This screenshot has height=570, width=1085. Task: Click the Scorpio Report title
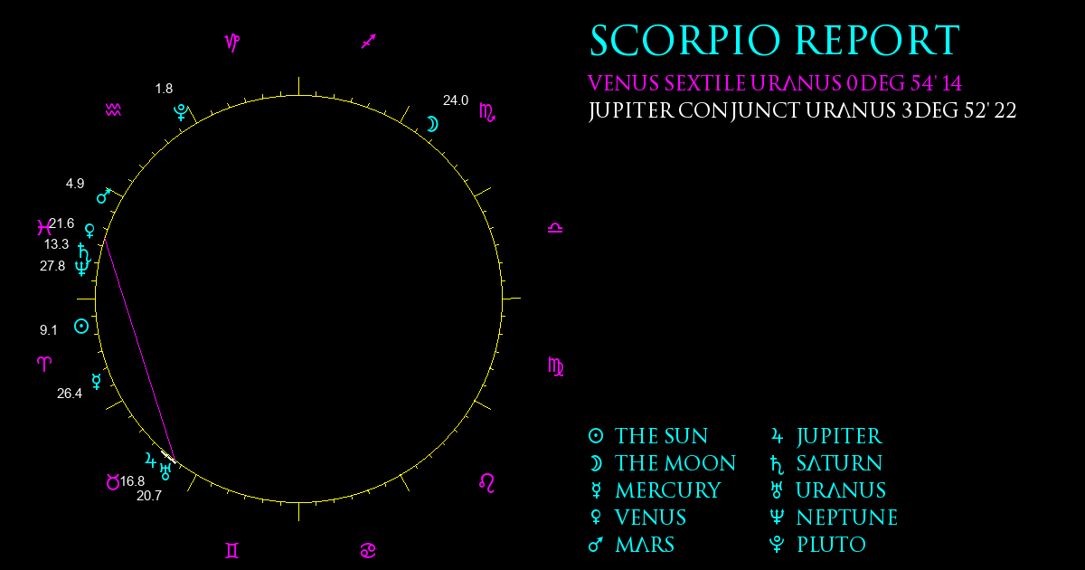(x=775, y=41)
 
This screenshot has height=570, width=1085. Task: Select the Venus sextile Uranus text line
(x=775, y=83)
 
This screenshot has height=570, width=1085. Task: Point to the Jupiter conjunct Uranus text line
(x=802, y=111)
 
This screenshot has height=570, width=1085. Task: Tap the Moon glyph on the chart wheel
(x=432, y=124)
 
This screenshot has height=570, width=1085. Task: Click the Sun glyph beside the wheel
(x=81, y=327)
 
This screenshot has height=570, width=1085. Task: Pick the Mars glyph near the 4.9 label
(x=104, y=195)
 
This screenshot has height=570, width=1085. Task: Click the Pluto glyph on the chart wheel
(x=181, y=112)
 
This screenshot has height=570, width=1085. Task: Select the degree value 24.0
(x=456, y=100)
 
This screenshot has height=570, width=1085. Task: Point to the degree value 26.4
(x=70, y=394)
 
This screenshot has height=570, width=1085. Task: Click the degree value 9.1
(x=49, y=330)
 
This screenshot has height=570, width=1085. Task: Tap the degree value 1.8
(x=164, y=89)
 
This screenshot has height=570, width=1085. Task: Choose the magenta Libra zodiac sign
(x=555, y=228)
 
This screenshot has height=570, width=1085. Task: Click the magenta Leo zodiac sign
(x=486, y=483)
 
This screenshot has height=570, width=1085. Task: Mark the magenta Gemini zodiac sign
(x=232, y=551)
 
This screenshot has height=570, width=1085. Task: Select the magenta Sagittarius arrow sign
(x=369, y=42)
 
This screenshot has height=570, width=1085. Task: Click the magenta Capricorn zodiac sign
(x=232, y=43)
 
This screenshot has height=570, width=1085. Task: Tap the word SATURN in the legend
(x=839, y=463)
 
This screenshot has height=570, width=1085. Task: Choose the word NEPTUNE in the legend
(x=847, y=518)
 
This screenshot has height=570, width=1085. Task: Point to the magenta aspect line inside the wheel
(x=139, y=349)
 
